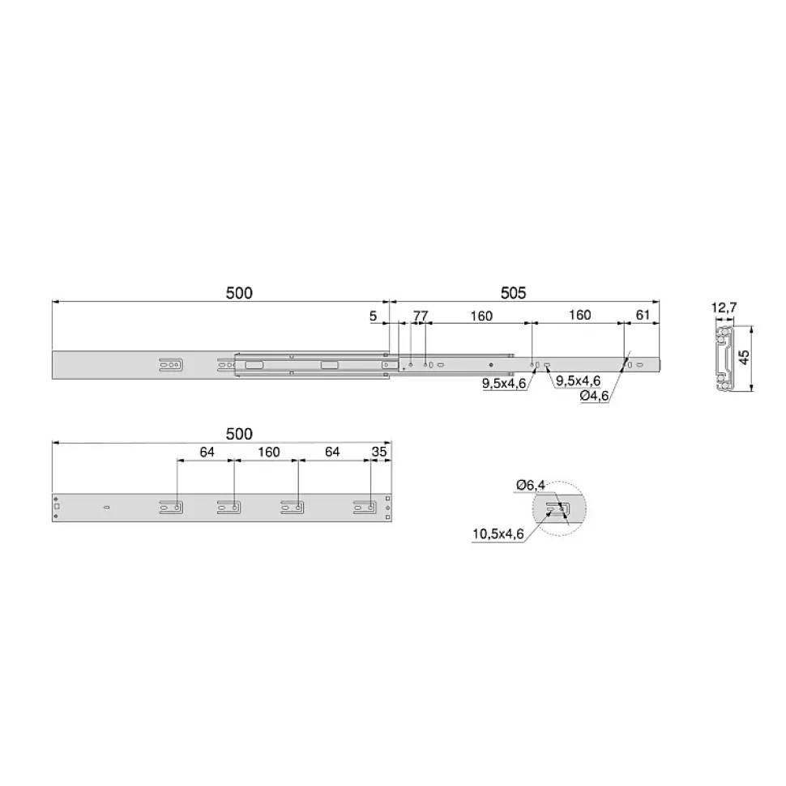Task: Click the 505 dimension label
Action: (x=513, y=293)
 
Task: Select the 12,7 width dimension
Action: (x=724, y=308)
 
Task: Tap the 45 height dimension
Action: (x=745, y=357)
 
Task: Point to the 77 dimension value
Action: (x=421, y=316)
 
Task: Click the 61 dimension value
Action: (x=643, y=315)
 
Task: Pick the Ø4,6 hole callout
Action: (x=594, y=396)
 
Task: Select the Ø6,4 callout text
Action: (x=531, y=485)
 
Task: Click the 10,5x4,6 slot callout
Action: (x=498, y=534)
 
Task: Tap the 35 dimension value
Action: (x=379, y=452)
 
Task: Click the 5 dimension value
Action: (x=373, y=316)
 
